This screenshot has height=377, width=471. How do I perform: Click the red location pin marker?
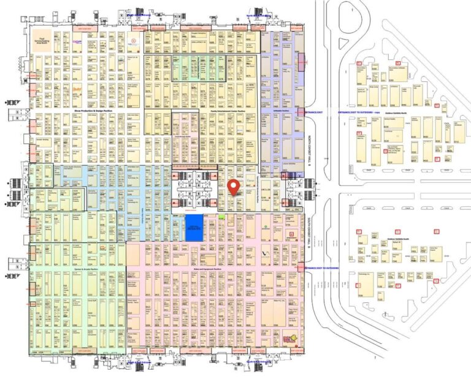(233, 187)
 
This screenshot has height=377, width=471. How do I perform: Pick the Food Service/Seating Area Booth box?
(42, 39)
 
